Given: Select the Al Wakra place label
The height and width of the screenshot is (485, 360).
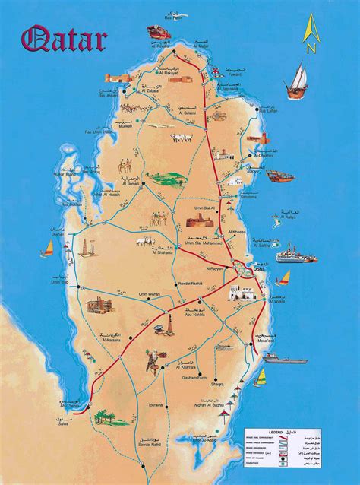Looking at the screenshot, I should [x=276, y=299].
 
